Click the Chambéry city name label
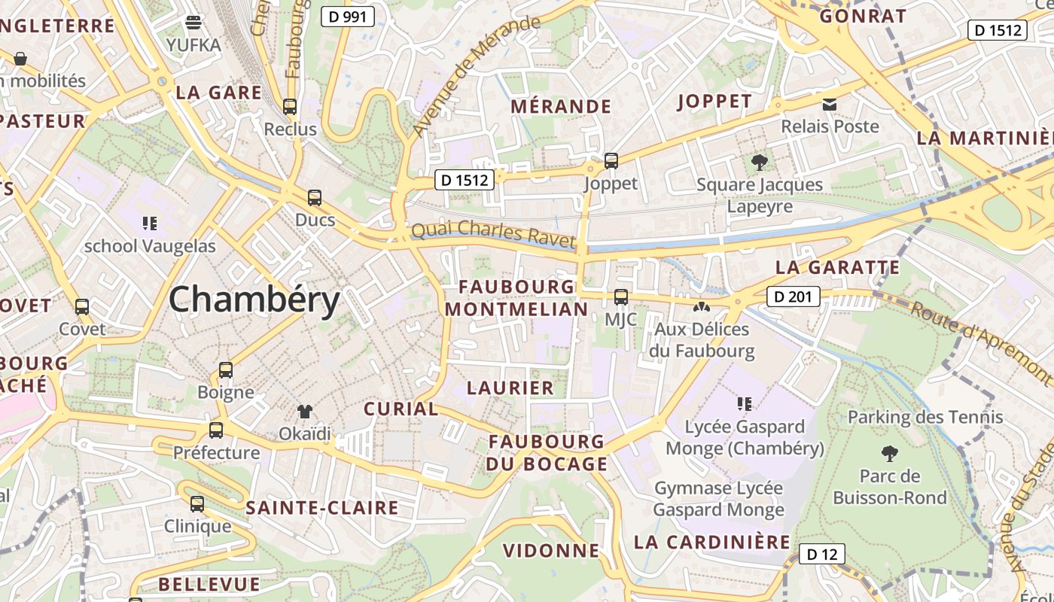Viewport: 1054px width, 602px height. coord(254,299)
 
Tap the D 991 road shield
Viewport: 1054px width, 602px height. coord(348,17)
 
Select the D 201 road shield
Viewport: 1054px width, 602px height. coord(794,296)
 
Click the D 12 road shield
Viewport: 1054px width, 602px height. coord(821,555)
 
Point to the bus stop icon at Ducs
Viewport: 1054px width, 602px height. coord(315,198)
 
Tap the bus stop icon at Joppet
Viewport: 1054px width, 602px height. coord(611,160)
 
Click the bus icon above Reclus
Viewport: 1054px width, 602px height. coord(290,106)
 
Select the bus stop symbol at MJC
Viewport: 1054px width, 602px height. coord(621,296)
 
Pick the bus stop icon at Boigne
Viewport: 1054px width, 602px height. coord(226,369)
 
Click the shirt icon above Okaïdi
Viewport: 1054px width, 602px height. coord(305,411)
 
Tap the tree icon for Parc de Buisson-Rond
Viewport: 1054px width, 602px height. coord(890,453)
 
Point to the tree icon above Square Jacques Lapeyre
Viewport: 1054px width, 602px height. coord(760,161)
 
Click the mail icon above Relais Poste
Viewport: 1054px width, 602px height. coord(830,104)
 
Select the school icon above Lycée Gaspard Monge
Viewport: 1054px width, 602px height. coord(745,403)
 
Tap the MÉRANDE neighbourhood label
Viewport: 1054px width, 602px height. coord(561,106)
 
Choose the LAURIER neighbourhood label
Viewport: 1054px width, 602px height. coord(510,388)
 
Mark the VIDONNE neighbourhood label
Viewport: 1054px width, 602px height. coord(551,550)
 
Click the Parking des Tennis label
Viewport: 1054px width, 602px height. coord(925,417)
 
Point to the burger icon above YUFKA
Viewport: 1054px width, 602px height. coord(194,22)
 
